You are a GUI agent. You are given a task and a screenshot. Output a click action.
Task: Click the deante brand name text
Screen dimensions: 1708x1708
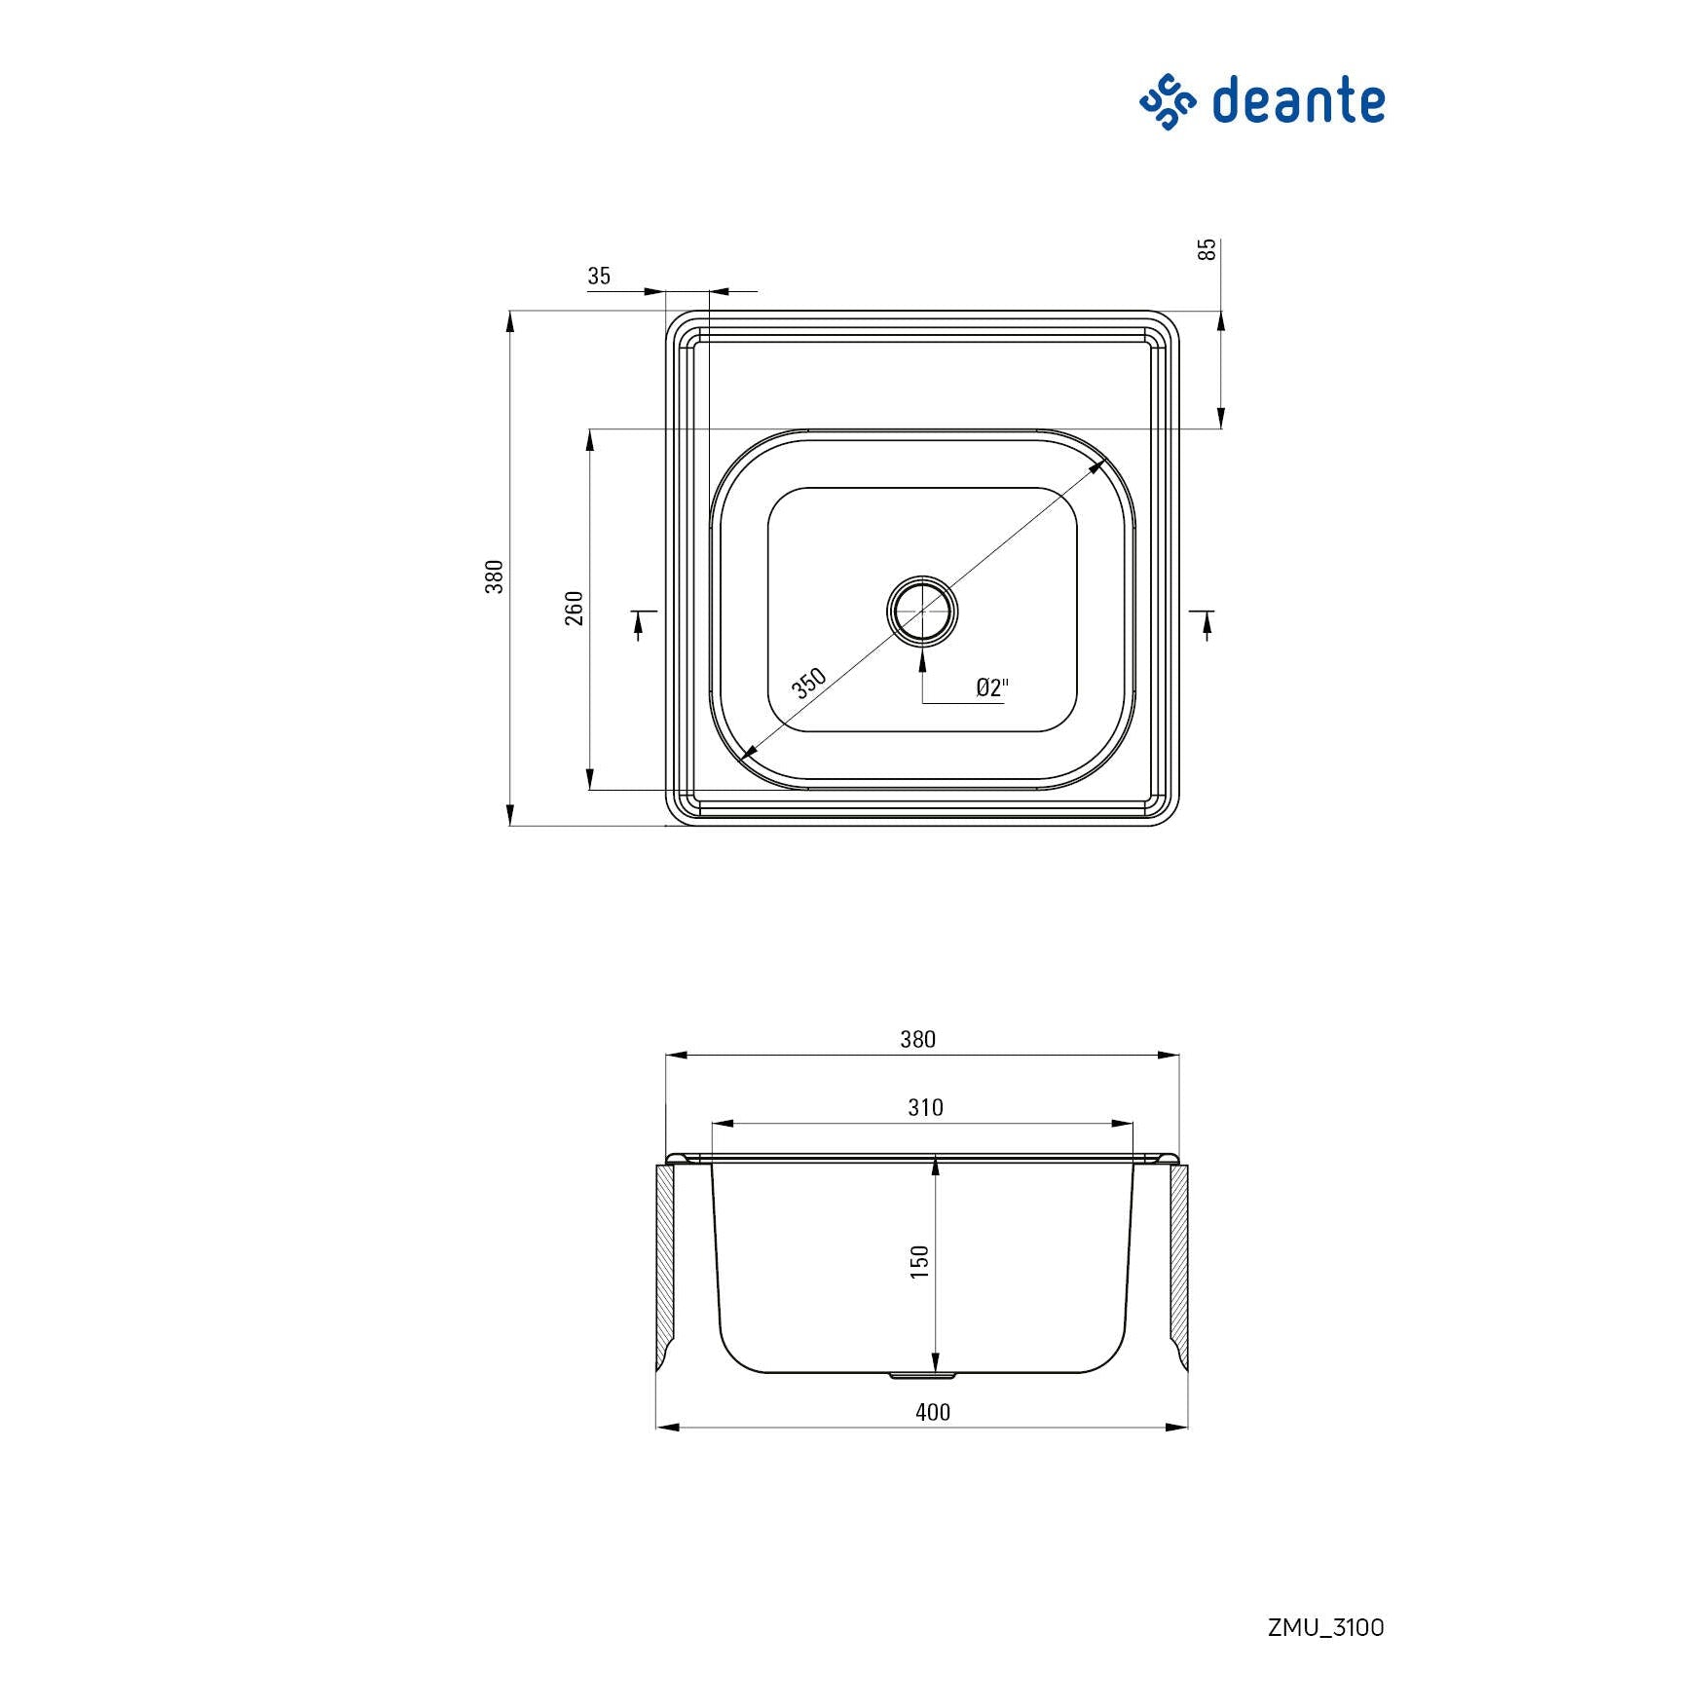tap(1298, 101)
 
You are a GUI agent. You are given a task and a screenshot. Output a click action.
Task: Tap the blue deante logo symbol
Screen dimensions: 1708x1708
tap(1168, 102)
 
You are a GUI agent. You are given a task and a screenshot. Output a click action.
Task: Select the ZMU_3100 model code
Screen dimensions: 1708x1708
tap(1325, 1627)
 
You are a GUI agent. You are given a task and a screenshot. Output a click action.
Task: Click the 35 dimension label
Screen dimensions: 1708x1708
tap(599, 277)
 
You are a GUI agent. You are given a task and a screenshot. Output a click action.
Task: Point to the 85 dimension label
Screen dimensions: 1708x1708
tap(1207, 249)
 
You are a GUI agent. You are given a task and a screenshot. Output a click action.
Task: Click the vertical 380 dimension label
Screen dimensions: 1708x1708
tap(495, 576)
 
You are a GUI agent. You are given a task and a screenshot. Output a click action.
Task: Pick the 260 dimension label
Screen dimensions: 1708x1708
tap(575, 608)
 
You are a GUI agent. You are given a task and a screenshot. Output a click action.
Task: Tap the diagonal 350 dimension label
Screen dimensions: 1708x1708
tap(808, 684)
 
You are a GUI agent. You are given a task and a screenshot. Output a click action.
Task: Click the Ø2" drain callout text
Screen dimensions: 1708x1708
tap(992, 687)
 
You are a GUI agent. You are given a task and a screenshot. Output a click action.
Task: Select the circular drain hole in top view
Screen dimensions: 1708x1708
tap(922, 611)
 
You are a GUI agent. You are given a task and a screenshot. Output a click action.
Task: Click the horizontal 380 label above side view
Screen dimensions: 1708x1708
tap(917, 1040)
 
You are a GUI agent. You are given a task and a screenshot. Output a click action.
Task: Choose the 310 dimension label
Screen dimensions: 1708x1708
tap(925, 1108)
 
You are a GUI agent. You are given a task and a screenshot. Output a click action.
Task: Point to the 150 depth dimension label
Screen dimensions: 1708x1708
tap(920, 1262)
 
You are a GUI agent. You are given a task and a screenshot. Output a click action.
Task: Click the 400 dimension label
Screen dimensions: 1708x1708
tap(933, 1413)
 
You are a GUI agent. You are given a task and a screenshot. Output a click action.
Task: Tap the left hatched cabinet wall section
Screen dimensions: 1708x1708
tap(665, 1267)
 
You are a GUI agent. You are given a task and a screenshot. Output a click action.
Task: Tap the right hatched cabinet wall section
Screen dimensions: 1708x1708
tap(1178, 1267)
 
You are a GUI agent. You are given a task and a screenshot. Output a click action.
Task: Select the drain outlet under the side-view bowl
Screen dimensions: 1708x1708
tap(922, 1376)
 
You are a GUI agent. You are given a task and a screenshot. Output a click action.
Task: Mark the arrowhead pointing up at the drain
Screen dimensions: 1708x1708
tap(922, 658)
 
